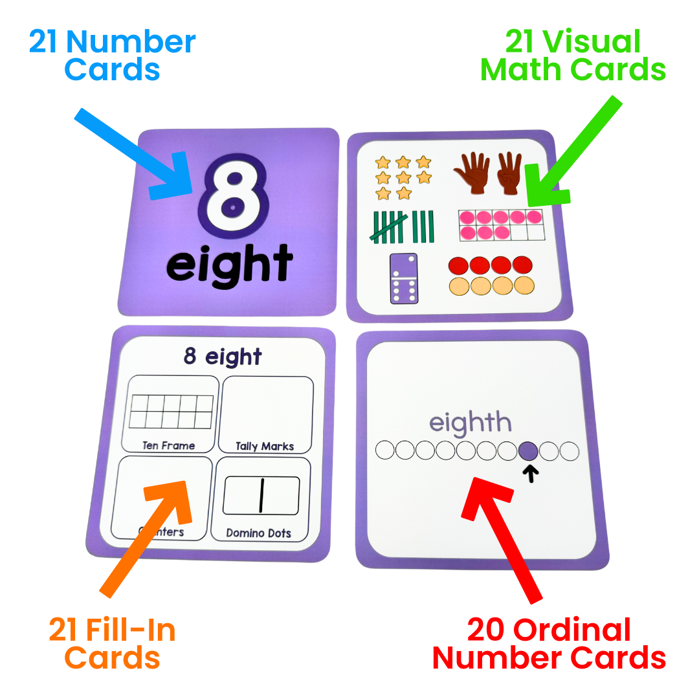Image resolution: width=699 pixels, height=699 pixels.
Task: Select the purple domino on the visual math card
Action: coord(403,278)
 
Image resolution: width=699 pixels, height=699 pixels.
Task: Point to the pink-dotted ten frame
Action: coord(500,225)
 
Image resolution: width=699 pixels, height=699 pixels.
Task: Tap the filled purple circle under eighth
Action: coord(528,450)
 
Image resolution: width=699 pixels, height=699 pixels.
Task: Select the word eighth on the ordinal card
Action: coord(471,424)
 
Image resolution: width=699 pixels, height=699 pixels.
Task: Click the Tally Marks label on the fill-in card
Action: coord(265,446)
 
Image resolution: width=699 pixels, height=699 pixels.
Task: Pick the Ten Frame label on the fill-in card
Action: coord(169,445)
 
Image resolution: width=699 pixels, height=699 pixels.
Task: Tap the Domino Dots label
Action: coord(259,533)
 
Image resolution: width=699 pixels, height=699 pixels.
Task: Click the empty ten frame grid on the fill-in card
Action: coord(172,412)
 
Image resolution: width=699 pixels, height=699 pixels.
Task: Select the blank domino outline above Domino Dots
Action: coord(261,496)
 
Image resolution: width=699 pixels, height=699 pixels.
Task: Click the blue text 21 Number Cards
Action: coord(112,56)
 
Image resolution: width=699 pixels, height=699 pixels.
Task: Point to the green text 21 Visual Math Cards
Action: coord(573,56)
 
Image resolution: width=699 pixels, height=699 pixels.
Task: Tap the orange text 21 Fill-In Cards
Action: coord(112,644)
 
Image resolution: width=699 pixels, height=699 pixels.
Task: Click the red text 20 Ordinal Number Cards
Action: coord(549,644)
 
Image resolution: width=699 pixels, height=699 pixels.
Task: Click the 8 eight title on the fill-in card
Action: coord(223,357)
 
